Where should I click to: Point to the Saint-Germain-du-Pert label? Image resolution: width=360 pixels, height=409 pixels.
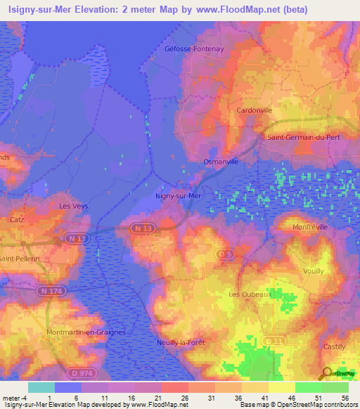point(303,137)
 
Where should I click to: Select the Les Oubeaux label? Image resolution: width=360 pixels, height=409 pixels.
point(250,294)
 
